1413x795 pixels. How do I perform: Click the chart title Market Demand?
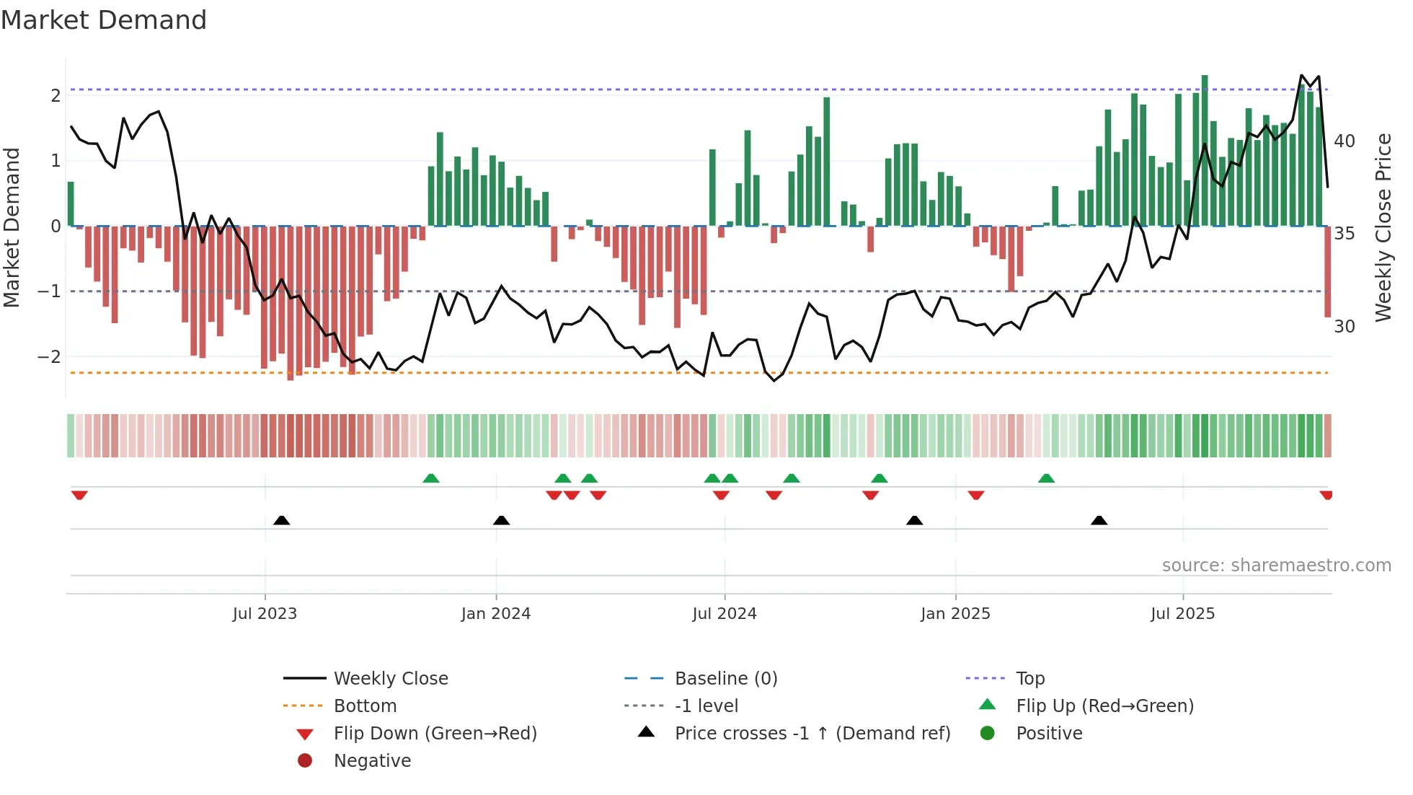(x=104, y=20)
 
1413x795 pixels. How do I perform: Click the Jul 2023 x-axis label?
(x=265, y=614)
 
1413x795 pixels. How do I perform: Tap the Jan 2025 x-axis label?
(x=955, y=614)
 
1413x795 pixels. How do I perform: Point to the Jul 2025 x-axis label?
(x=1182, y=614)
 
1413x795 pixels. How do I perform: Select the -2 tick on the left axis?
(x=50, y=357)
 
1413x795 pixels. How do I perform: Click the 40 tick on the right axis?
(x=1344, y=141)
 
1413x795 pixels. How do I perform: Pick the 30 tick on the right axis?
(x=1344, y=327)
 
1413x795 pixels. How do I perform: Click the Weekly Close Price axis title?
(x=1383, y=227)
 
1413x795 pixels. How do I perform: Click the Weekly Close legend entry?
(x=391, y=679)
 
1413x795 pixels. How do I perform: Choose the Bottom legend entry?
(x=365, y=706)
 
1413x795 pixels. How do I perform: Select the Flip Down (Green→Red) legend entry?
(x=435, y=734)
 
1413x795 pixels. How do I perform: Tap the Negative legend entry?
(x=372, y=761)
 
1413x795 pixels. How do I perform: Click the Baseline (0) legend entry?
(x=726, y=679)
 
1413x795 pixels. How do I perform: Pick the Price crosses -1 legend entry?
(x=812, y=734)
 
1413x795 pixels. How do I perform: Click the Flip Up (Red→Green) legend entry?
(x=1104, y=706)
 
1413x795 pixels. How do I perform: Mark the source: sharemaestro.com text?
(x=1276, y=566)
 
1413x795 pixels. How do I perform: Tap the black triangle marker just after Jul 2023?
(x=282, y=520)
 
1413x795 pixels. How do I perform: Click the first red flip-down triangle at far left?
(x=79, y=495)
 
